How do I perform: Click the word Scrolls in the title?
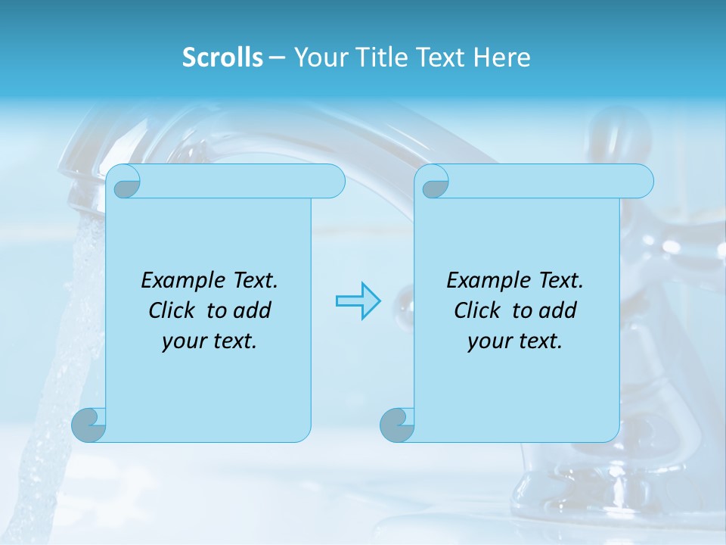(222, 58)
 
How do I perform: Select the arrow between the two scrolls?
(358, 301)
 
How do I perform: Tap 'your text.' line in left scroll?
(209, 341)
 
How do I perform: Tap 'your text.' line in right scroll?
(515, 341)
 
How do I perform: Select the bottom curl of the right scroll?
(397, 425)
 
